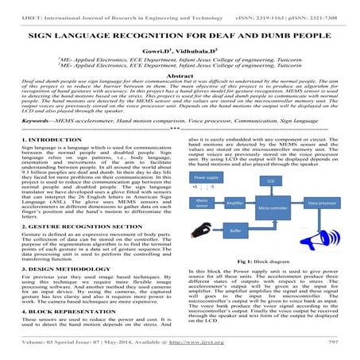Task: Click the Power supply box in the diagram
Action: (207, 177)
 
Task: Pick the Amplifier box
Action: (234, 203)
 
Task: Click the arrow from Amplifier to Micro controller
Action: (250, 204)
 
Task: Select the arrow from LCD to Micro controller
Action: (270, 192)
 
